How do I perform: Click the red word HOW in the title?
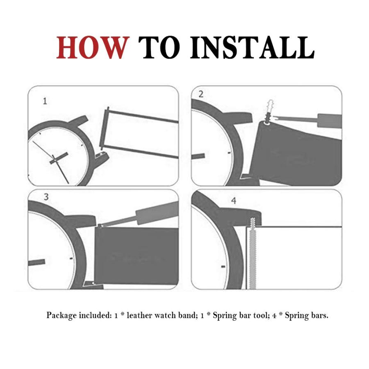click(93, 48)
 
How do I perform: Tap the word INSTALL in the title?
click(252, 48)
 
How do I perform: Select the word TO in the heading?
click(159, 48)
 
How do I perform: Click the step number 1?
click(45, 101)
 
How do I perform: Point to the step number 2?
click(201, 94)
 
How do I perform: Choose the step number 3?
click(46, 197)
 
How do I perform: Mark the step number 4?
click(234, 201)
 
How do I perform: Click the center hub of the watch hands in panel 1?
click(55, 160)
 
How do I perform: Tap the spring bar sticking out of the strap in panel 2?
click(269, 111)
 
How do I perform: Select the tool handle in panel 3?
click(157, 212)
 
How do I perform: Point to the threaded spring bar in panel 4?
click(252, 253)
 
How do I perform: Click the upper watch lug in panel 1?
click(79, 119)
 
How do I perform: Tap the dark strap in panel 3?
click(137, 255)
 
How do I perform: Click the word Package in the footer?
click(61, 315)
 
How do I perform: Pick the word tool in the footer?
click(261, 315)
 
